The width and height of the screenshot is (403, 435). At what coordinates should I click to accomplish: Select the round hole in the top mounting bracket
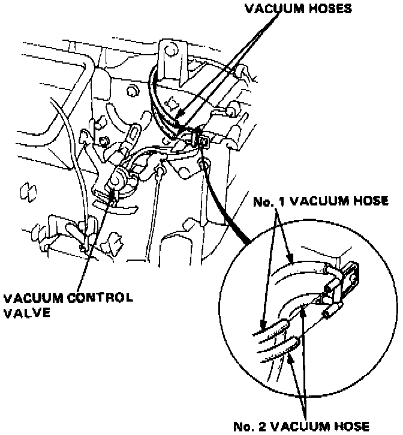[x=167, y=46]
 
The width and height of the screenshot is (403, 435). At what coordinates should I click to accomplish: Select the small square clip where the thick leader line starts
[x=204, y=142]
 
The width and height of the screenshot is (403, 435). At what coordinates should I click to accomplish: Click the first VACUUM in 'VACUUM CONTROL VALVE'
[x=31, y=297]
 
